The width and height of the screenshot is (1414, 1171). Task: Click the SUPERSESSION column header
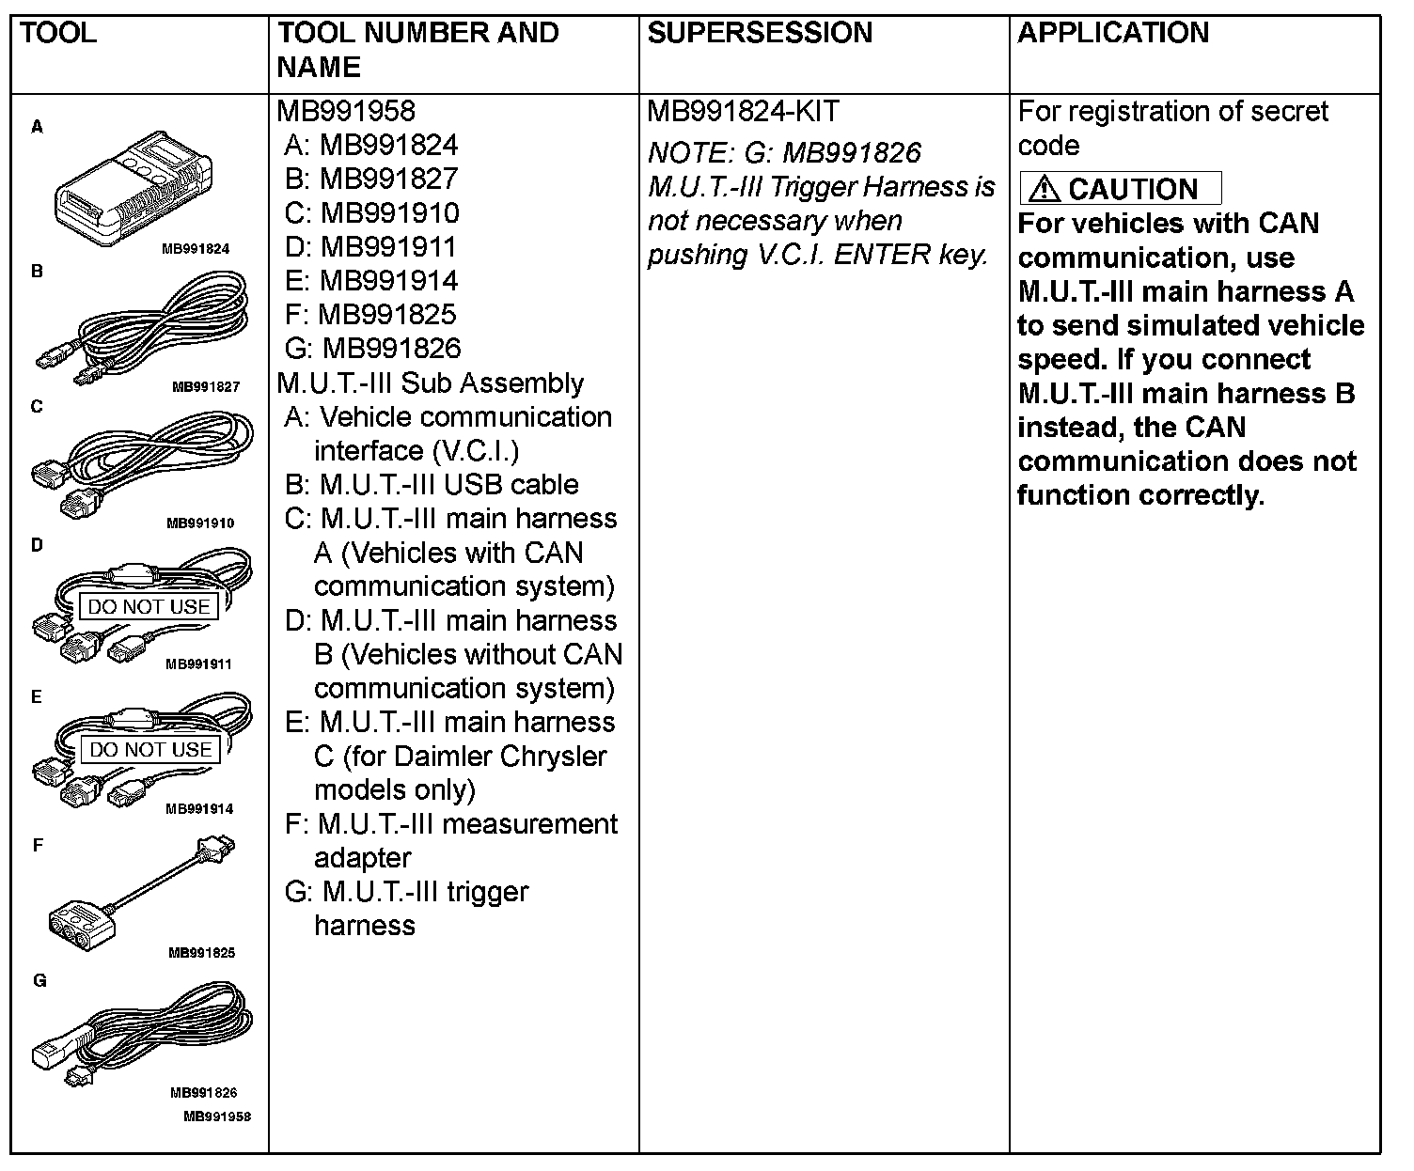tap(760, 33)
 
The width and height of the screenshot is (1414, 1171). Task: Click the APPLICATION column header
tap(1112, 33)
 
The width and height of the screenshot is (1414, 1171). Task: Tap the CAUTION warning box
tap(1120, 188)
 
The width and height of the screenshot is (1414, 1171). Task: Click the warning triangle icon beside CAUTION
tap(1044, 189)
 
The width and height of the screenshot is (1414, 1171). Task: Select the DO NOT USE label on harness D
tap(149, 606)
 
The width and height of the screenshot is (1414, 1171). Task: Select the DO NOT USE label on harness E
tap(150, 749)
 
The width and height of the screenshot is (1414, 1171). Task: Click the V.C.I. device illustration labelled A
tap(132, 188)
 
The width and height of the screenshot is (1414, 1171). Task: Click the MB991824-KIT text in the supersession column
tap(743, 112)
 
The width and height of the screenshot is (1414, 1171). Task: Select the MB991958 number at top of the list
tap(346, 111)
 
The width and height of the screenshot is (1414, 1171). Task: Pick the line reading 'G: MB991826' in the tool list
tap(372, 349)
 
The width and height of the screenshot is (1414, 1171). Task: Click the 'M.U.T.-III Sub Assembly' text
tap(431, 383)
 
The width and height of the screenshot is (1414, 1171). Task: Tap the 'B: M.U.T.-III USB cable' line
tap(432, 485)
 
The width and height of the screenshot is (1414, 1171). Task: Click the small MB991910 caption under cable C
tap(200, 523)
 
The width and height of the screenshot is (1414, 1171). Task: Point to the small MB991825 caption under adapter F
tap(201, 952)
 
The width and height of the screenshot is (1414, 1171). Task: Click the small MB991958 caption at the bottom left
tap(217, 1116)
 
